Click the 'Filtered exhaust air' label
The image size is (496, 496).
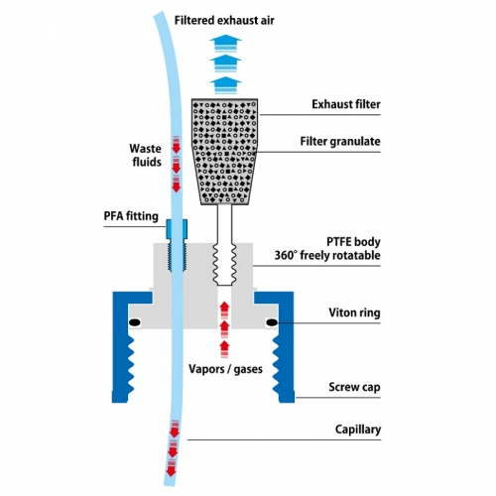[x=224, y=20]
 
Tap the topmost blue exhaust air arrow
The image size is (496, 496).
[x=225, y=44]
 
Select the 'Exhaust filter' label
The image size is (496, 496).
[x=346, y=104]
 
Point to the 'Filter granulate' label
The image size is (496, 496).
[x=340, y=142]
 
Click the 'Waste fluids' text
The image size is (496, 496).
[x=146, y=155]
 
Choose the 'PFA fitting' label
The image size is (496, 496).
[x=131, y=216]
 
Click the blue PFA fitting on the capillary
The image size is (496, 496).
[x=177, y=229]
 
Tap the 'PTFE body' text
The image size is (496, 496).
[x=353, y=242]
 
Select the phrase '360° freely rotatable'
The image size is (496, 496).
[x=327, y=255]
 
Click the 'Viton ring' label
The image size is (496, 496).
[x=354, y=312]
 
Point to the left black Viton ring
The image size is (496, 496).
[x=135, y=322]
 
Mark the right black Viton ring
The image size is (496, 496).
[x=272, y=322]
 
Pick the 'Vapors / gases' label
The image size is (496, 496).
[x=225, y=369]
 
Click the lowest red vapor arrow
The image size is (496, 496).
[x=224, y=349]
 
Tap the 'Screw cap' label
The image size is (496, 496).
[x=354, y=387]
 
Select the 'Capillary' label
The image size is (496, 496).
[x=358, y=430]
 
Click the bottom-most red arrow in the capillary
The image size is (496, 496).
[x=171, y=467]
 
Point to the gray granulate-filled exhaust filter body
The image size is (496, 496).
[x=224, y=152]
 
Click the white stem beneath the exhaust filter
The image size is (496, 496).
[x=224, y=225]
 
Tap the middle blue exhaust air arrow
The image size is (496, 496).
[x=225, y=63]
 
